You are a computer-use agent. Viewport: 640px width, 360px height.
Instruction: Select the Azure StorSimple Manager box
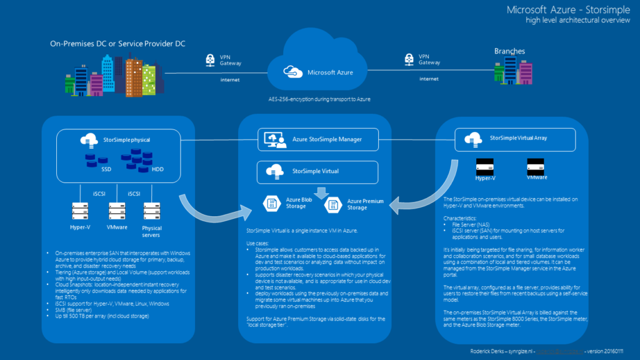point(318,139)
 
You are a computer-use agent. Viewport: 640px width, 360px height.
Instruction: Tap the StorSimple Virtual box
point(318,170)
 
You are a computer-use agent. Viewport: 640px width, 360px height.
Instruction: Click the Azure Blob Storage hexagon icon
point(272,202)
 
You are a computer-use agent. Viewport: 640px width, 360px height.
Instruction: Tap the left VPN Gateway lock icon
point(210,60)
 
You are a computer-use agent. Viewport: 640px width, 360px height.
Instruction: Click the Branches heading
point(509,51)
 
